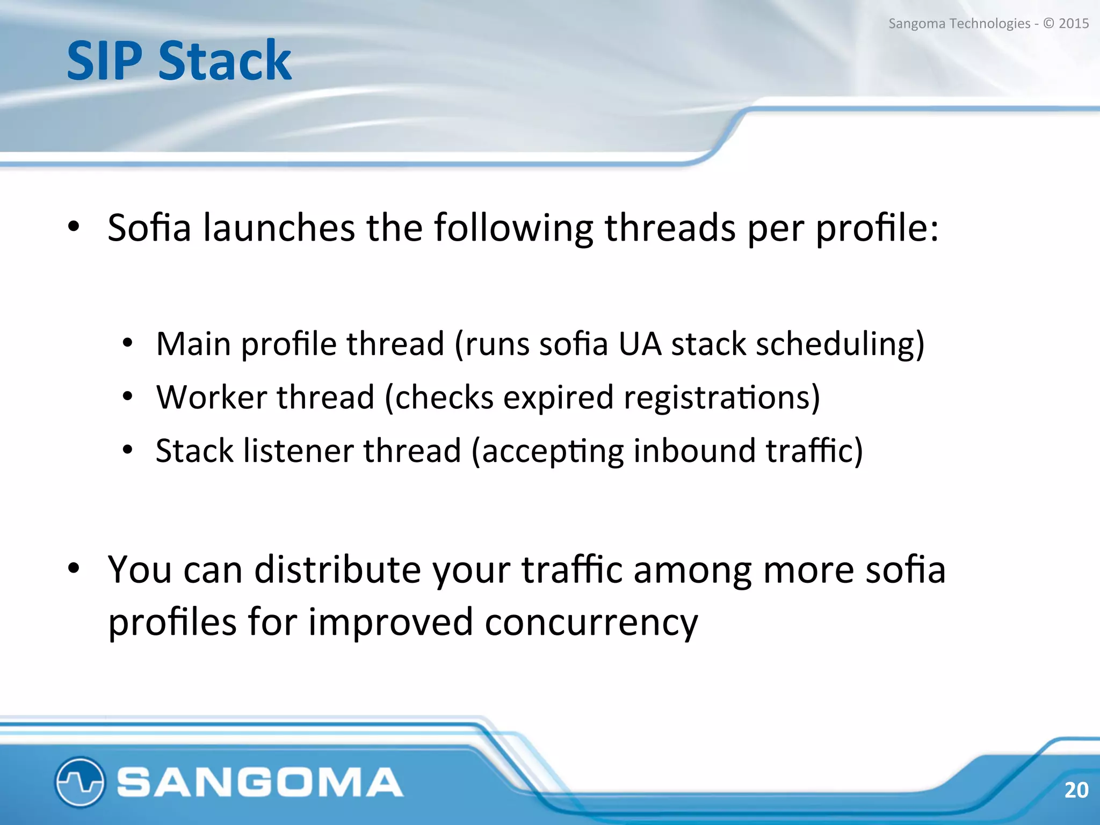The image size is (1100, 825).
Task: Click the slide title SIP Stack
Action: tap(179, 61)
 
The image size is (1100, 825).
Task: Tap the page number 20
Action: tap(1076, 790)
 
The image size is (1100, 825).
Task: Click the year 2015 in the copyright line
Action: tap(1073, 24)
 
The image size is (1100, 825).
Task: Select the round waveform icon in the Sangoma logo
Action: tap(79, 782)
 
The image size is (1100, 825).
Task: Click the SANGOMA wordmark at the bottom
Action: tap(260, 782)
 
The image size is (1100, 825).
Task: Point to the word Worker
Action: tap(211, 397)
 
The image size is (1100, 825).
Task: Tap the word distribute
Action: tap(337, 569)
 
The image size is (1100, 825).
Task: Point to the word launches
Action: tap(279, 228)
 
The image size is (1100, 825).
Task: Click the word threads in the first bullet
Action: tap(670, 228)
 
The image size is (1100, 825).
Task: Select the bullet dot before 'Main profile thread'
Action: tap(127, 343)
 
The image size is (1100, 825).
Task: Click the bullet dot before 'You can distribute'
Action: tap(74, 568)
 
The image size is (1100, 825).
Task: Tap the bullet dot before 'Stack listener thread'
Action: tap(127, 450)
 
